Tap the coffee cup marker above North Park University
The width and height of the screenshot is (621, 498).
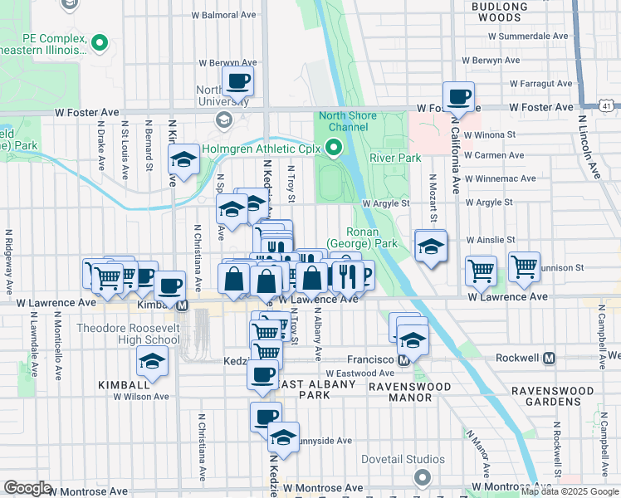(x=237, y=82)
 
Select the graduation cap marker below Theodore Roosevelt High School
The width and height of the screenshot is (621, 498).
(x=152, y=361)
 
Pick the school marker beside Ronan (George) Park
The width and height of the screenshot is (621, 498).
(x=431, y=247)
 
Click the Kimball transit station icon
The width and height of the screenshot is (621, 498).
(x=182, y=305)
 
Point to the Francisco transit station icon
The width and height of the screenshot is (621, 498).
(x=403, y=359)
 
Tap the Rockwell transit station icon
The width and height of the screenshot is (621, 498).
(x=548, y=359)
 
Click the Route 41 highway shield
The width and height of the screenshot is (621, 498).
(x=609, y=106)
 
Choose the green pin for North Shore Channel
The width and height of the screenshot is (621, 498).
(x=335, y=149)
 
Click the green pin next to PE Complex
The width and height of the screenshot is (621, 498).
(x=100, y=41)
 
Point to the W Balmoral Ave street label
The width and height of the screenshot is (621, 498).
(x=223, y=15)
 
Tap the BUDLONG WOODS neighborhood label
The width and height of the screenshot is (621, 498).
(x=499, y=12)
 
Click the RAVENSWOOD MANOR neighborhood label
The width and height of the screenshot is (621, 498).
(x=400, y=392)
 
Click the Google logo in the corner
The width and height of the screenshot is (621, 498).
(x=27, y=488)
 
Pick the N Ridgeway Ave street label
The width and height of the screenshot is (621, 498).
(x=7, y=261)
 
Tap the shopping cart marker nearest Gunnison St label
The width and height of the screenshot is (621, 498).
(x=524, y=267)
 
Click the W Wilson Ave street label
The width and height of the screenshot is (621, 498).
(x=141, y=397)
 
